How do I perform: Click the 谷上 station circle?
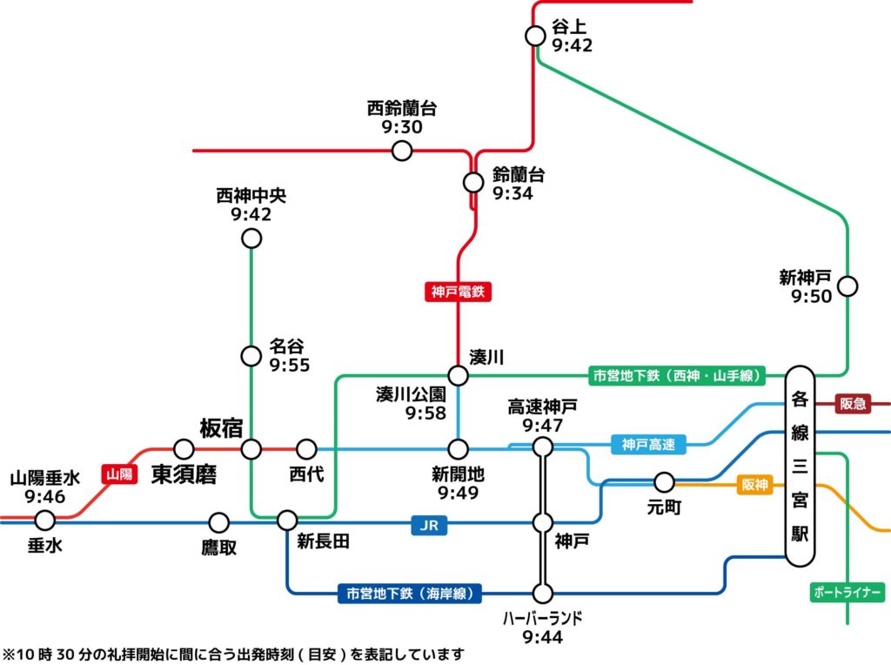[535, 36]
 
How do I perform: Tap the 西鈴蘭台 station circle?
[402, 151]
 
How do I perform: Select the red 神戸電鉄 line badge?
[459, 292]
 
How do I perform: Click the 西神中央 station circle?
[251, 238]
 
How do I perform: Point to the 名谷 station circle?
[251, 355]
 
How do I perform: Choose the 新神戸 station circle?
[847, 285]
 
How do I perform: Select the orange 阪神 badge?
[755, 485]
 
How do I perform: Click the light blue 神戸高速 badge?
[648, 445]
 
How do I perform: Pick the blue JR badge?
[429, 524]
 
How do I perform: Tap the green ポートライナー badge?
[847, 593]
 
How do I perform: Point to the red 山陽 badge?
[120, 474]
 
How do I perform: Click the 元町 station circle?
[664, 482]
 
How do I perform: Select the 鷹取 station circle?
[218, 522]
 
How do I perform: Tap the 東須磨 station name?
[184, 475]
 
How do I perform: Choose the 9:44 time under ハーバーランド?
[542, 637]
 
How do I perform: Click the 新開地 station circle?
[459, 449]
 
